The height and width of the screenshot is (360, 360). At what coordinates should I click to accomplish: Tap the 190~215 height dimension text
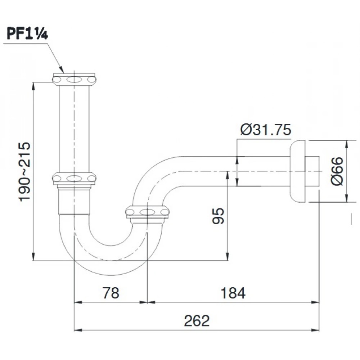(24, 172)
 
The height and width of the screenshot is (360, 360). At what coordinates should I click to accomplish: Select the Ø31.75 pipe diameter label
(266, 130)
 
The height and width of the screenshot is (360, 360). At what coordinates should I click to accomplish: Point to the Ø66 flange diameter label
(337, 171)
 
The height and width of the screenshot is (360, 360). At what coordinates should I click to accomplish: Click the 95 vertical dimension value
(218, 216)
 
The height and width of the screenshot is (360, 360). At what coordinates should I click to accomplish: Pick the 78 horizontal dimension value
(111, 293)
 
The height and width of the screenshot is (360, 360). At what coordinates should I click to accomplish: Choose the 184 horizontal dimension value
(233, 293)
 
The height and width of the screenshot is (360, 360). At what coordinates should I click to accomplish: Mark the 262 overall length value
(197, 321)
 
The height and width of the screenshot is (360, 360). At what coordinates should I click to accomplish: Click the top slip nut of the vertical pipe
(74, 80)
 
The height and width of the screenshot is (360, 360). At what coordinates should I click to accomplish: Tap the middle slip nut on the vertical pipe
(74, 178)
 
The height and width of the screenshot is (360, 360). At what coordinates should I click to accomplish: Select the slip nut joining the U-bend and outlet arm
(147, 212)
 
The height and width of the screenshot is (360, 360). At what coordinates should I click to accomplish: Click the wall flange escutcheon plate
(298, 171)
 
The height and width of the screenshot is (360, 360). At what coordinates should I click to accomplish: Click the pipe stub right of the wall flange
(312, 171)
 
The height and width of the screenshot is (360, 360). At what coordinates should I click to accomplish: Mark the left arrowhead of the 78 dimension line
(78, 302)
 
